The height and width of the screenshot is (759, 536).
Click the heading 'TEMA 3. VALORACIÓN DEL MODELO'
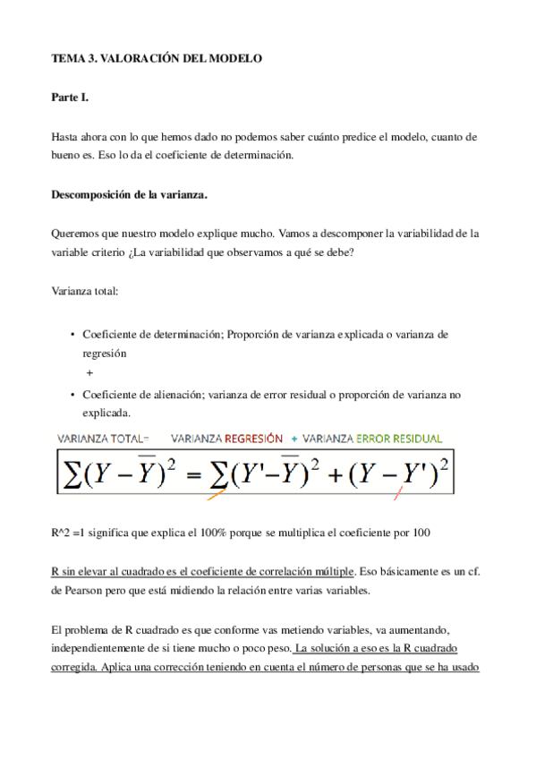click(x=157, y=58)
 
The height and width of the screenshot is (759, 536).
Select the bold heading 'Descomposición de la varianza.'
click(x=129, y=193)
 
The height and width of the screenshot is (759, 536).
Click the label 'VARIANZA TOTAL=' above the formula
click(x=103, y=439)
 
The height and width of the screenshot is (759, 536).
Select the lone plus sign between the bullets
click(x=89, y=372)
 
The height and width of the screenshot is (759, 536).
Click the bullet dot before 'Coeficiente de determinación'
click(x=72, y=334)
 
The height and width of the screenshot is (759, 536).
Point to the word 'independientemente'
click(x=101, y=647)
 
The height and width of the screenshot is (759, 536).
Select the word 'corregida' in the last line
click(x=78, y=667)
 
